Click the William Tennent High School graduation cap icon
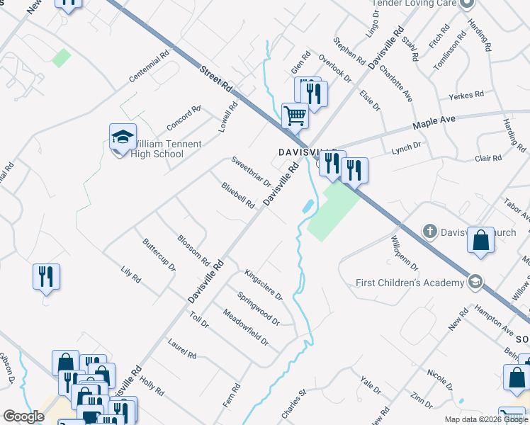123,137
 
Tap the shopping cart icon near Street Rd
295,115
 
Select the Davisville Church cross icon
429,231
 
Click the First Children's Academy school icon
475,283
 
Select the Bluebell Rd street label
237,196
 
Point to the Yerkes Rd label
466,94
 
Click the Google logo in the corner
23,416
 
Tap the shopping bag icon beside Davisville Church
481,240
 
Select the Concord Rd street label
184,118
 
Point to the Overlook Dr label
335,67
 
